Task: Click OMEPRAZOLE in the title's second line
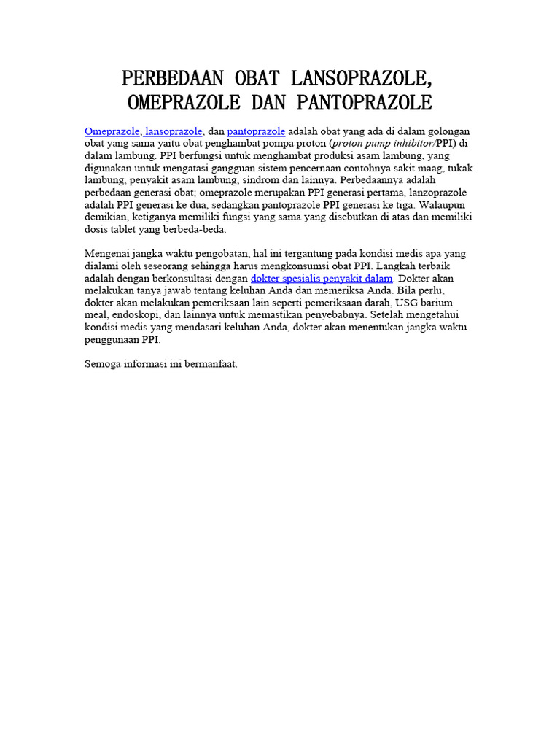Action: tap(184, 101)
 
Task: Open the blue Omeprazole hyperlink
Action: tap(112, 131)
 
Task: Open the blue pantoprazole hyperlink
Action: tap(256, 131)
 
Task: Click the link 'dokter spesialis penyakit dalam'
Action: tap(322, 278)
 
